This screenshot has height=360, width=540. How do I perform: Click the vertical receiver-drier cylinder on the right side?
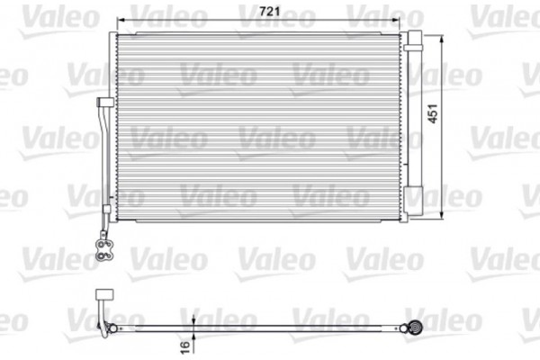point(415,126)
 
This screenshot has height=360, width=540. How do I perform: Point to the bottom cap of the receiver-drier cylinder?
point(415,216)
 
